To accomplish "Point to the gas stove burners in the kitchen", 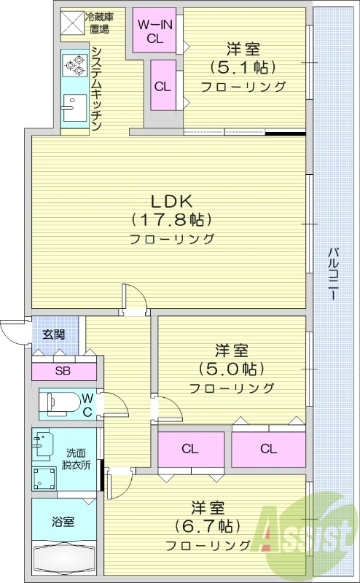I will point(74,66).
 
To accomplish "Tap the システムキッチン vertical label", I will point(95,87).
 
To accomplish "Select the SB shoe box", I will point(63,369).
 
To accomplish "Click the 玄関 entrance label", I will point(52,335).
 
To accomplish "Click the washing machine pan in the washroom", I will point(44,478).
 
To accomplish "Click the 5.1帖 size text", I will point(243,68).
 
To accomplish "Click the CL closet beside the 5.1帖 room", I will point(162,85).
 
